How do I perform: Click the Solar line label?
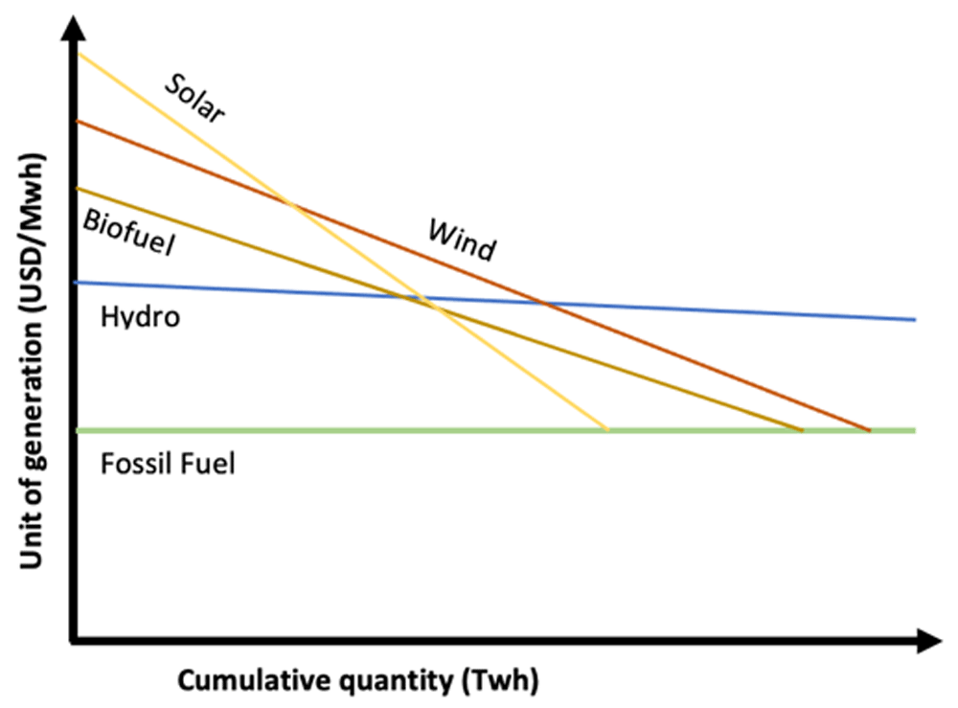(x=194, y=98)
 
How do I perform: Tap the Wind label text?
(x=462, y=240)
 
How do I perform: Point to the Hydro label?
(x=140, y=316)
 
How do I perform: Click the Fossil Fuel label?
(x=168, y=466)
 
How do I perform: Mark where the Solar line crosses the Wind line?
(x=290, y=204)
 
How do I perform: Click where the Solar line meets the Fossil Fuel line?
(x=607, y=430)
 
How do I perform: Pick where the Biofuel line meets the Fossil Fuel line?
(x=802, y=430)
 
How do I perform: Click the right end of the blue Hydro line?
(x=916, y=319)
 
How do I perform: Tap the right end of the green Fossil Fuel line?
(x=916, y=430)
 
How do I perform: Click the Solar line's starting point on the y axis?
(x=79, y=55)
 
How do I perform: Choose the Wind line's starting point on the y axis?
(x=79, y=122)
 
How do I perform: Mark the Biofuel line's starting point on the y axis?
(x=79, y=188)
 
